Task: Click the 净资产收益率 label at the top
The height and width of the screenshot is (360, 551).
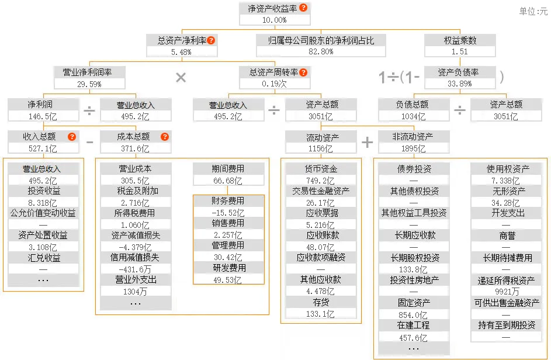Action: tap(269, 8)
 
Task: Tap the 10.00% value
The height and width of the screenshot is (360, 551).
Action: tap(274, 20)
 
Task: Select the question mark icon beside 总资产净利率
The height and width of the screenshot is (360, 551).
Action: tap(212, 40)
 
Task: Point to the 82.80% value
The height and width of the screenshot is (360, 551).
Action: tap(320, 51)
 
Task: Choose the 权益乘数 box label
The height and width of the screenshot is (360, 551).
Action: tap(460, 40)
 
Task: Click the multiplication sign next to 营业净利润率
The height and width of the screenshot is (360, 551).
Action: tap(181, 77)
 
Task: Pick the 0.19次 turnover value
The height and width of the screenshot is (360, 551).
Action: tap(274, 84)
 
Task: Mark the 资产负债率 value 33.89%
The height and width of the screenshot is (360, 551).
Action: tap(460, 84)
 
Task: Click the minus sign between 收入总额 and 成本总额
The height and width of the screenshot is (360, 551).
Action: tap(89, 142)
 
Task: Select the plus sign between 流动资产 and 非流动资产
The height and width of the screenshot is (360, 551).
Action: tap(367, 142)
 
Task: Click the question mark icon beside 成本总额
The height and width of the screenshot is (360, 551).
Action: tap(165, 137)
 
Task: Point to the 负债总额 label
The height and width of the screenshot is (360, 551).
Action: tap(412, 105)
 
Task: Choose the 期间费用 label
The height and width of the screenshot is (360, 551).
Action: tap(228, 169)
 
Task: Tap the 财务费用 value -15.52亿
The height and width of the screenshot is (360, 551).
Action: tap(228, 212)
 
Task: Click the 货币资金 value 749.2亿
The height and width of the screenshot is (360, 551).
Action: tap(320, 181)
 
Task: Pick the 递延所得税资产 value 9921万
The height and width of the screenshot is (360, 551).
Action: tap(507, 291)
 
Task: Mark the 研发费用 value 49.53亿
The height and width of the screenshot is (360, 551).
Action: tap(228, 279)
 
